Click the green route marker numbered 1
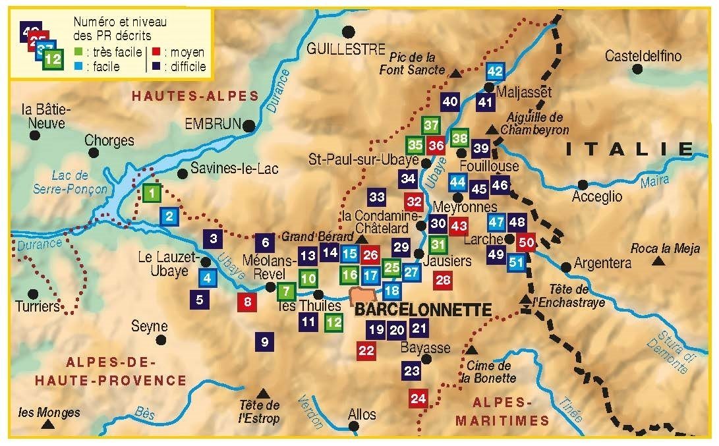(152, 193)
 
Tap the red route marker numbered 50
(525, 242)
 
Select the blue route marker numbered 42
(495, 71)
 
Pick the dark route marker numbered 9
(264, 341)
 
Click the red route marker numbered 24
(418, 398)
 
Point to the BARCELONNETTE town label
(422, 310)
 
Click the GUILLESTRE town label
(345, 49)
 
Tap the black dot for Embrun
(248, 125)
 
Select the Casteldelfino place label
(643, 55)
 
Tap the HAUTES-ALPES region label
(194, 96)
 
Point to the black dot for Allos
(355, 426)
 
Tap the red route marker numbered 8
(247, 302)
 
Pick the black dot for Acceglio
(583, 185)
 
